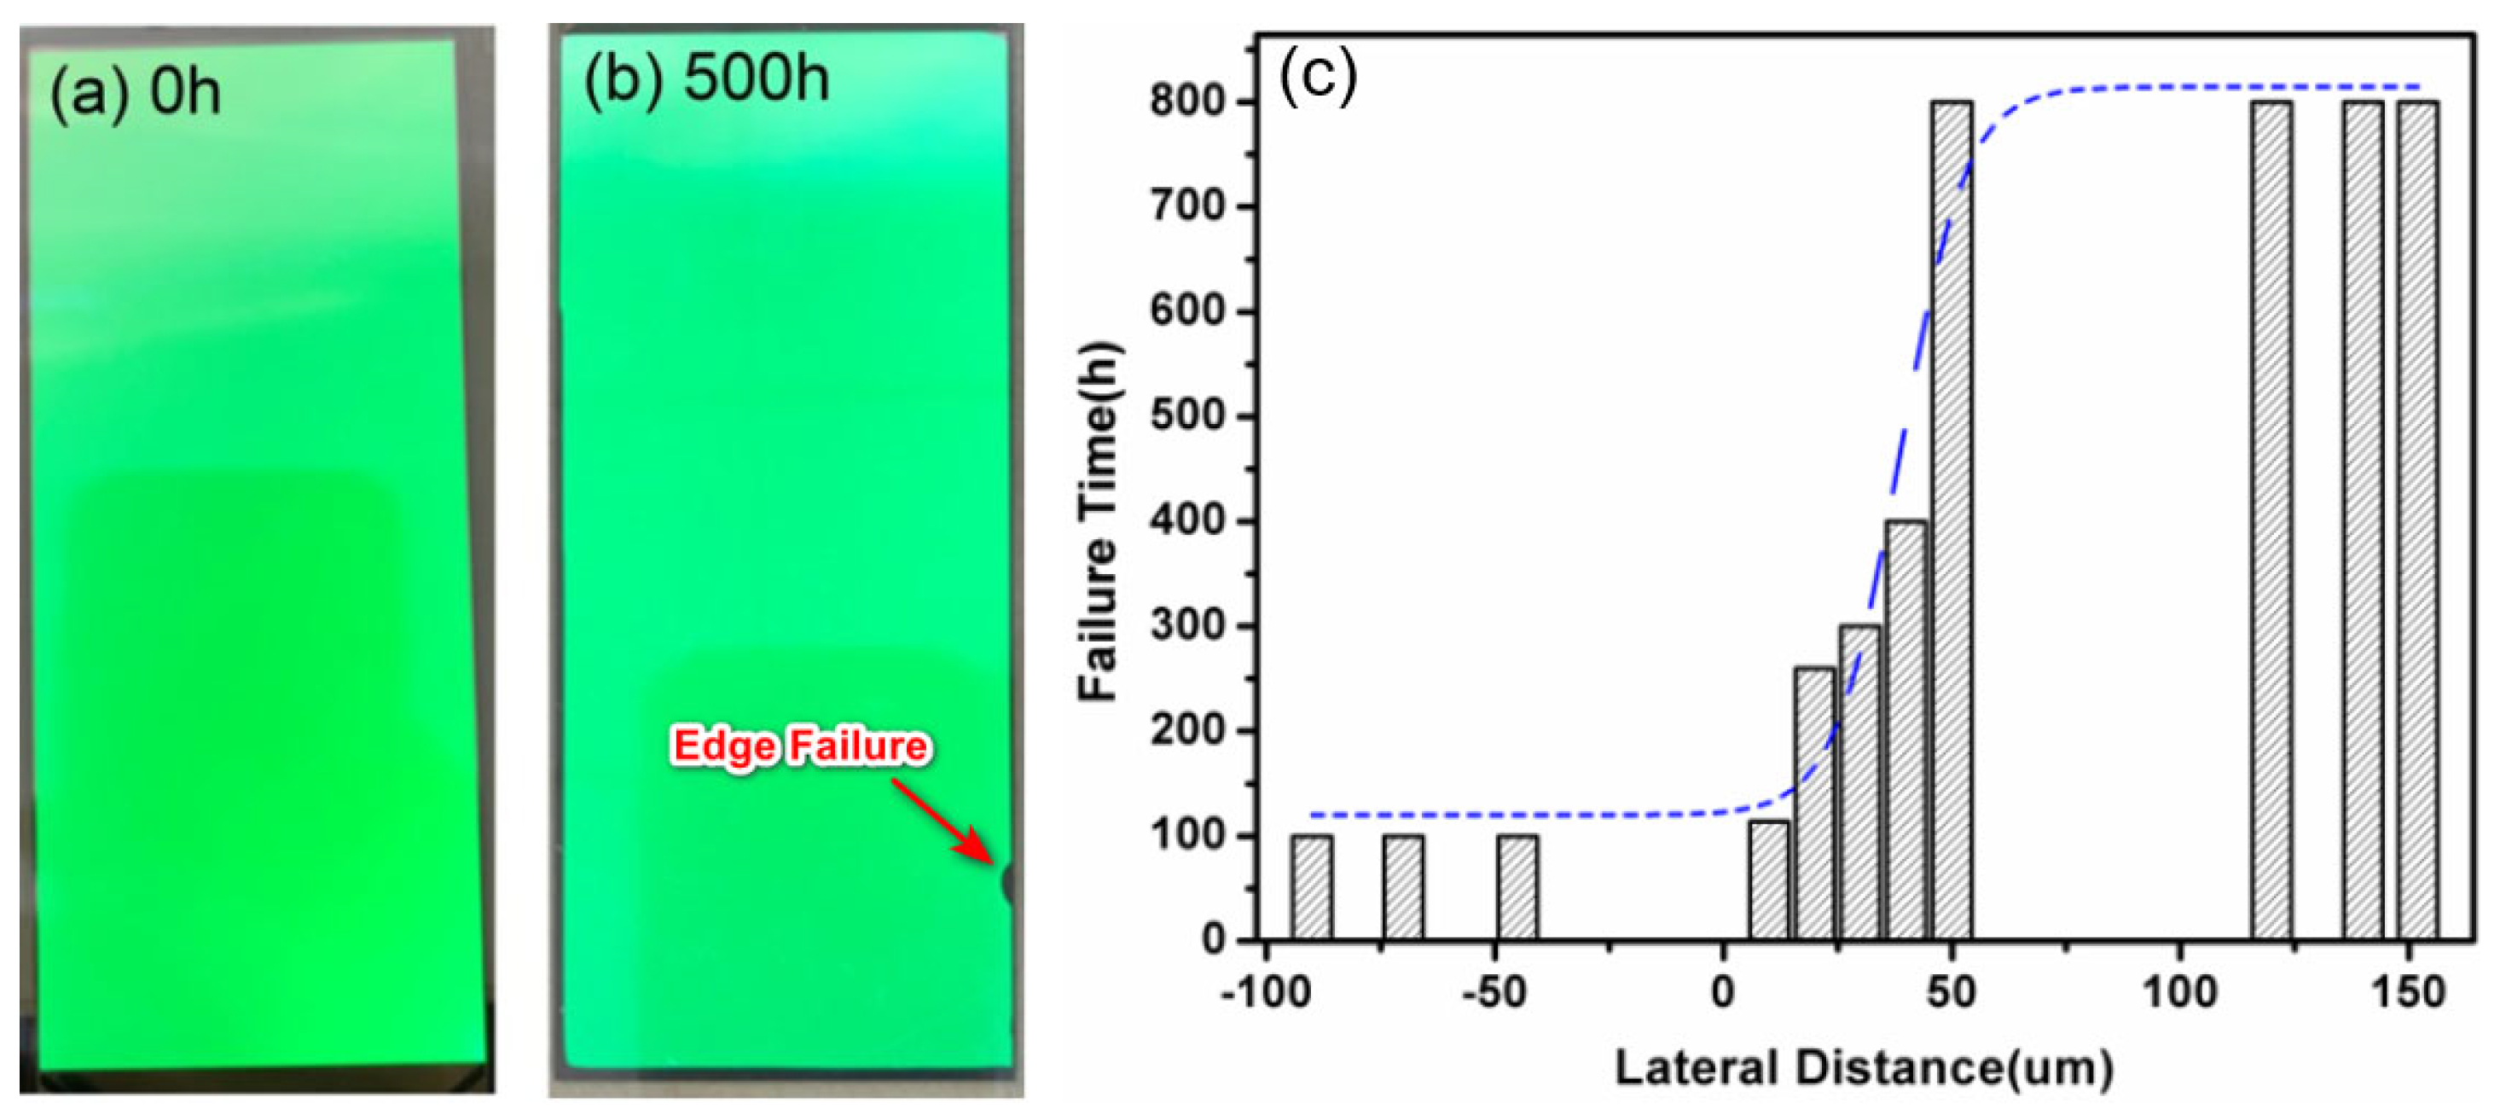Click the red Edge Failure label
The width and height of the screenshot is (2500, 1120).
point(801,746)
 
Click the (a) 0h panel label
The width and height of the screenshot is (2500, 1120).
point(135,93)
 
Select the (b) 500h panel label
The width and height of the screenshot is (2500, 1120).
point(706,78)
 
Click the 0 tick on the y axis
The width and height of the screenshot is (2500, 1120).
point(1213,938)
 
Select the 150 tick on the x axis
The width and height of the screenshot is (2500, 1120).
point(2408,992)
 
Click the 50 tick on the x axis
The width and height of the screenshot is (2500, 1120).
point(1951,992)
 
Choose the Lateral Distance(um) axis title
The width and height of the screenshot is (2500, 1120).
point(1864,1068)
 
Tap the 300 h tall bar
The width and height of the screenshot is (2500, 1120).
point(1859,781)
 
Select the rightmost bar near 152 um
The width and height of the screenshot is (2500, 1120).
point(2417,519)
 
